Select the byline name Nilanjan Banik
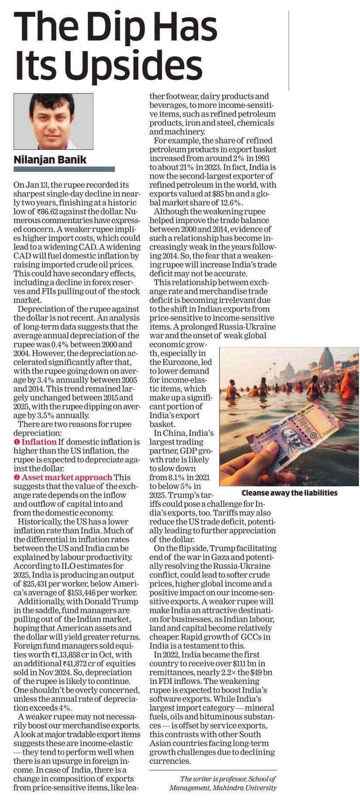pyautogui.click(x=50, y=160)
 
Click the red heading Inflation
pyautogui.click(x=39, y=442)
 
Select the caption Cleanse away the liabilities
pyautogui.click(x=289, y=492)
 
